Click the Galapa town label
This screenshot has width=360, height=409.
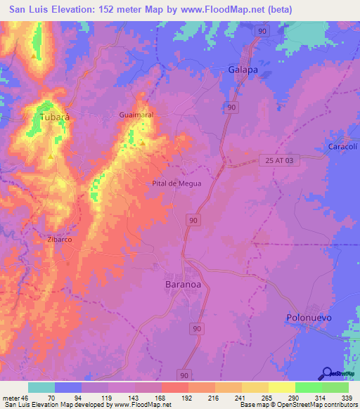click(243, 70)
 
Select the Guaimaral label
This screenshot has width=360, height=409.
click(136, 114)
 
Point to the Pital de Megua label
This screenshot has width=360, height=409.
click(176, 183)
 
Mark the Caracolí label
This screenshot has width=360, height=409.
click(344, 146)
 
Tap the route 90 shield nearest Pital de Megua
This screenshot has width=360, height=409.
click(193, 221)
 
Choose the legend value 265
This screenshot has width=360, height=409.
click(255, 397)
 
